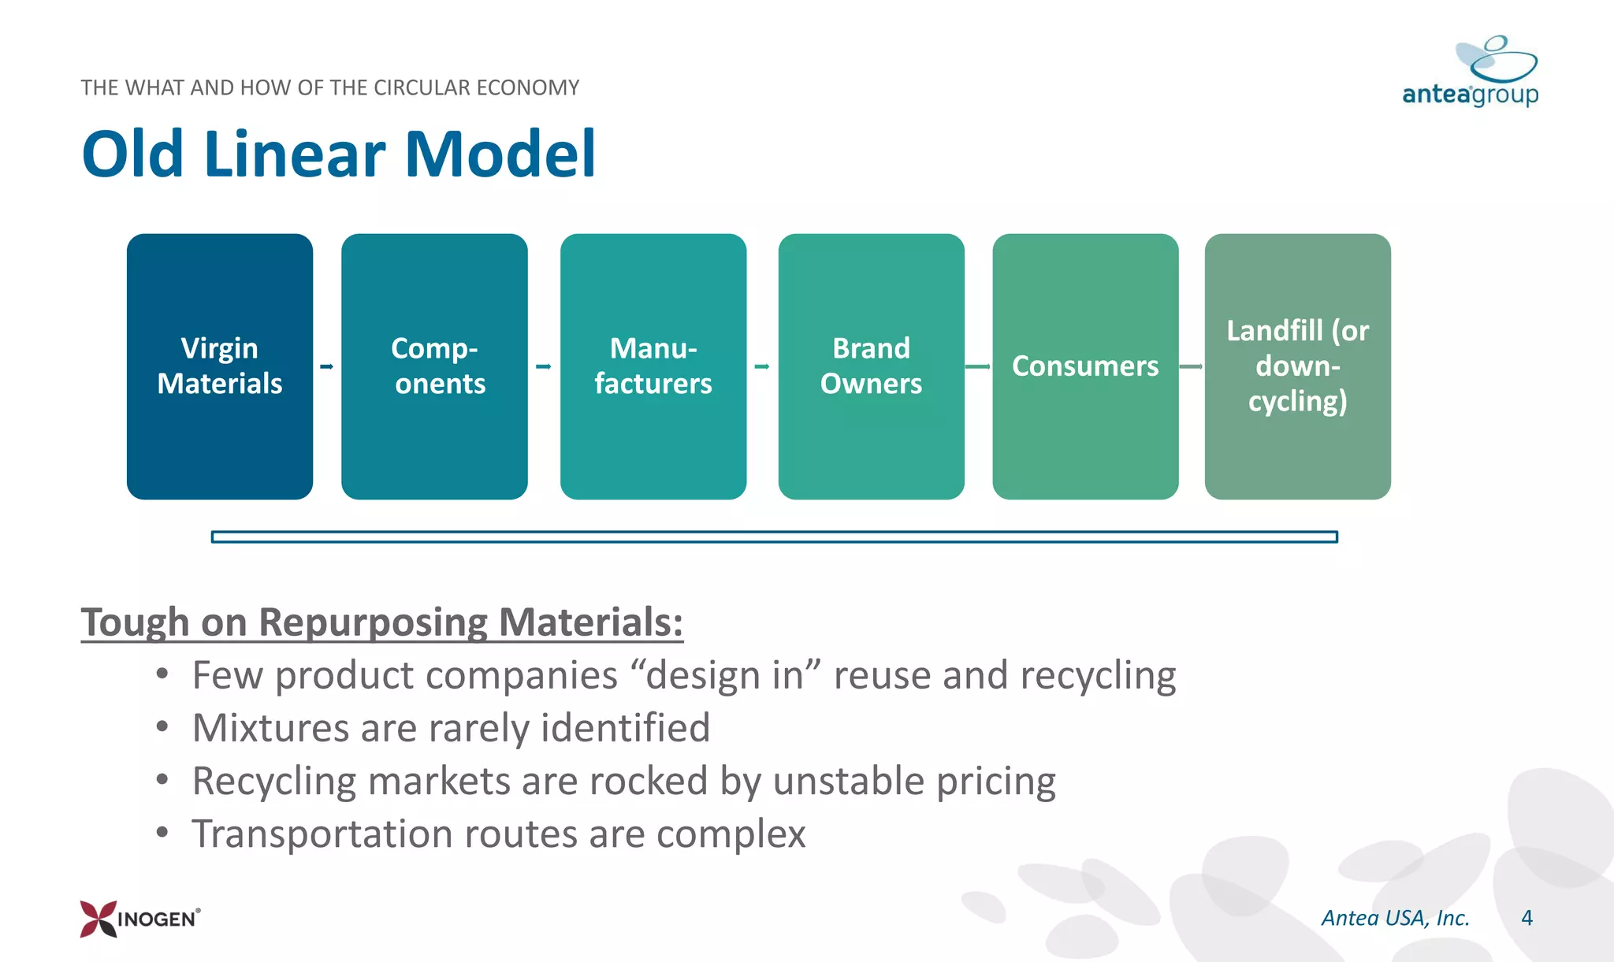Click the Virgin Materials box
[219, 366]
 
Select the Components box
[434, 366]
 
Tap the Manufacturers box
[653, 366]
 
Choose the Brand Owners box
[871, 366]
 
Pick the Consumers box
[1085, 366]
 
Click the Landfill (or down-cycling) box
[1297, 366]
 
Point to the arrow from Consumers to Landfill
[1191, 366]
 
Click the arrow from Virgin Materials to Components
[326, 366]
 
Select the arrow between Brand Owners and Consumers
[977, 366]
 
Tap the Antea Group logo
[1471, 72]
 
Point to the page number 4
[1527, 918]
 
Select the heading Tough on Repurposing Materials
[381, 622]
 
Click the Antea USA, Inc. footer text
[1395, 918]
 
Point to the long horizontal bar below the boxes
[774, 537]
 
